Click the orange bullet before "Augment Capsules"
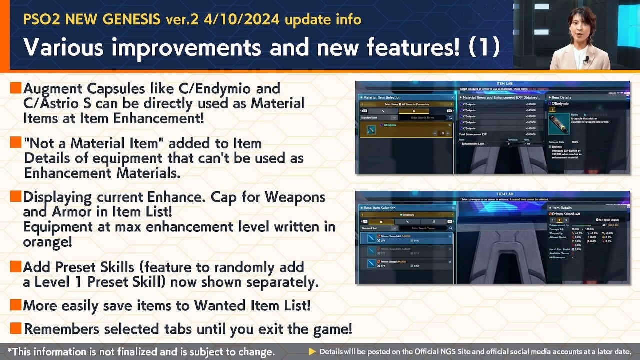16,88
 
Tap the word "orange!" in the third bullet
48,241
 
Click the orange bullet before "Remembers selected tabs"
16,328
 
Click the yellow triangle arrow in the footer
312,352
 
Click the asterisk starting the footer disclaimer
10,351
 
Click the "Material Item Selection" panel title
382,97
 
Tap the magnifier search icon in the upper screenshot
450,118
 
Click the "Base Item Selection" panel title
379,208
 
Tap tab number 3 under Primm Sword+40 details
566,220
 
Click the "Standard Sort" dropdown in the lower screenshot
379,228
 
